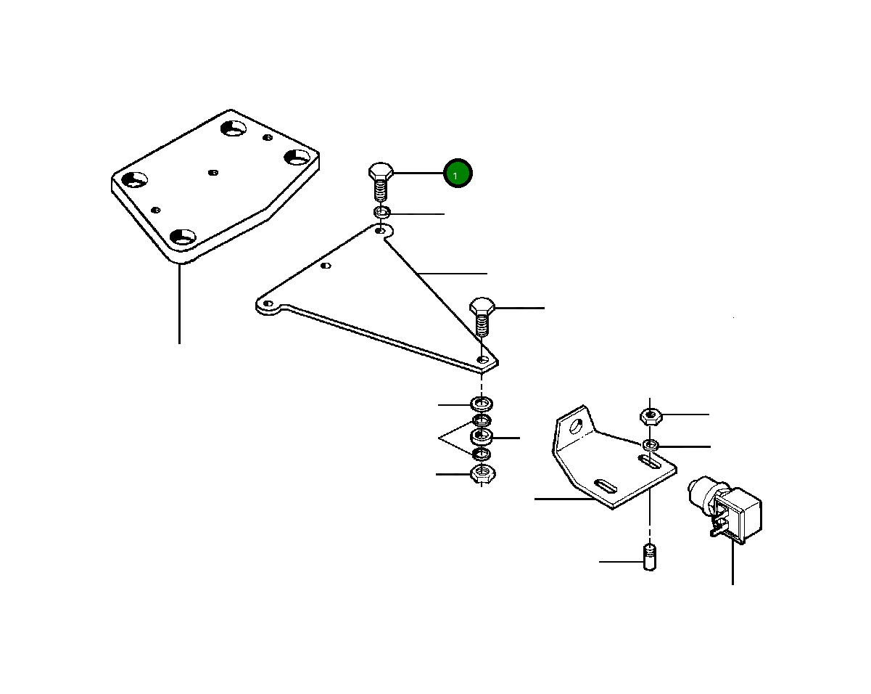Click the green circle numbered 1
(458, 173)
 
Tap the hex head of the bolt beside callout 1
(381, 171)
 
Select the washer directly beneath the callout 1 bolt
(381, 212)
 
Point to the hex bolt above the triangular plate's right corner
(482, 317)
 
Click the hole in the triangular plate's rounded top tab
(380, 231)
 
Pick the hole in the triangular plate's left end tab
(268, 303)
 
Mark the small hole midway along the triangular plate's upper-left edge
(326, 266)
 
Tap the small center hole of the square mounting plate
(213, 173)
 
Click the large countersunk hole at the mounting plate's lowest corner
(183, 237)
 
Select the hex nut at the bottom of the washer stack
(482, 473)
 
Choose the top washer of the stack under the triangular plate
(482, 404)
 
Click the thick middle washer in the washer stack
(482, 436)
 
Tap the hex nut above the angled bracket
(651, 417)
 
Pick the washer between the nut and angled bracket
(651, 445)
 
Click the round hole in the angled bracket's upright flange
(576, 427)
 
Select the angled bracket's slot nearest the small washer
(650, 462)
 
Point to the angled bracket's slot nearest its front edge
(606, 486)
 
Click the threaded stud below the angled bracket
(650, 558)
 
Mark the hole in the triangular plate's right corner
(482, 359)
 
